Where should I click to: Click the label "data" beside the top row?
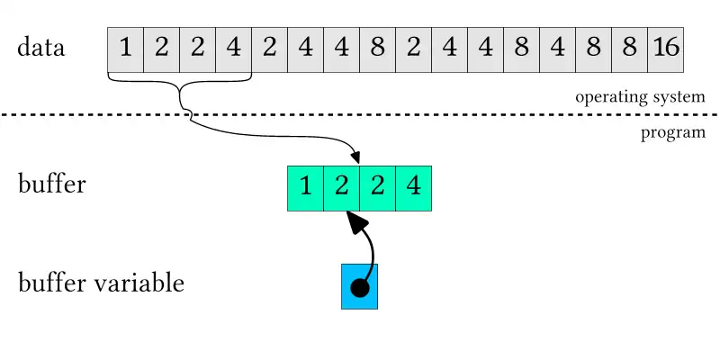[x=41, y=48]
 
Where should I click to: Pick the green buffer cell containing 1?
[x=305, y=188]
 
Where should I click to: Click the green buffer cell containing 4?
[x=414, y=188]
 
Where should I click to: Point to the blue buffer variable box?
[x=359, y=286]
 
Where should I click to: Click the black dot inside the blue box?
[x=359, y=289]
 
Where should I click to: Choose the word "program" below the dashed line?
[x=672, y=134]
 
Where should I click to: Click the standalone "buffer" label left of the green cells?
[x=52, y=185]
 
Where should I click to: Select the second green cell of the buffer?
[x=341, y=188]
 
